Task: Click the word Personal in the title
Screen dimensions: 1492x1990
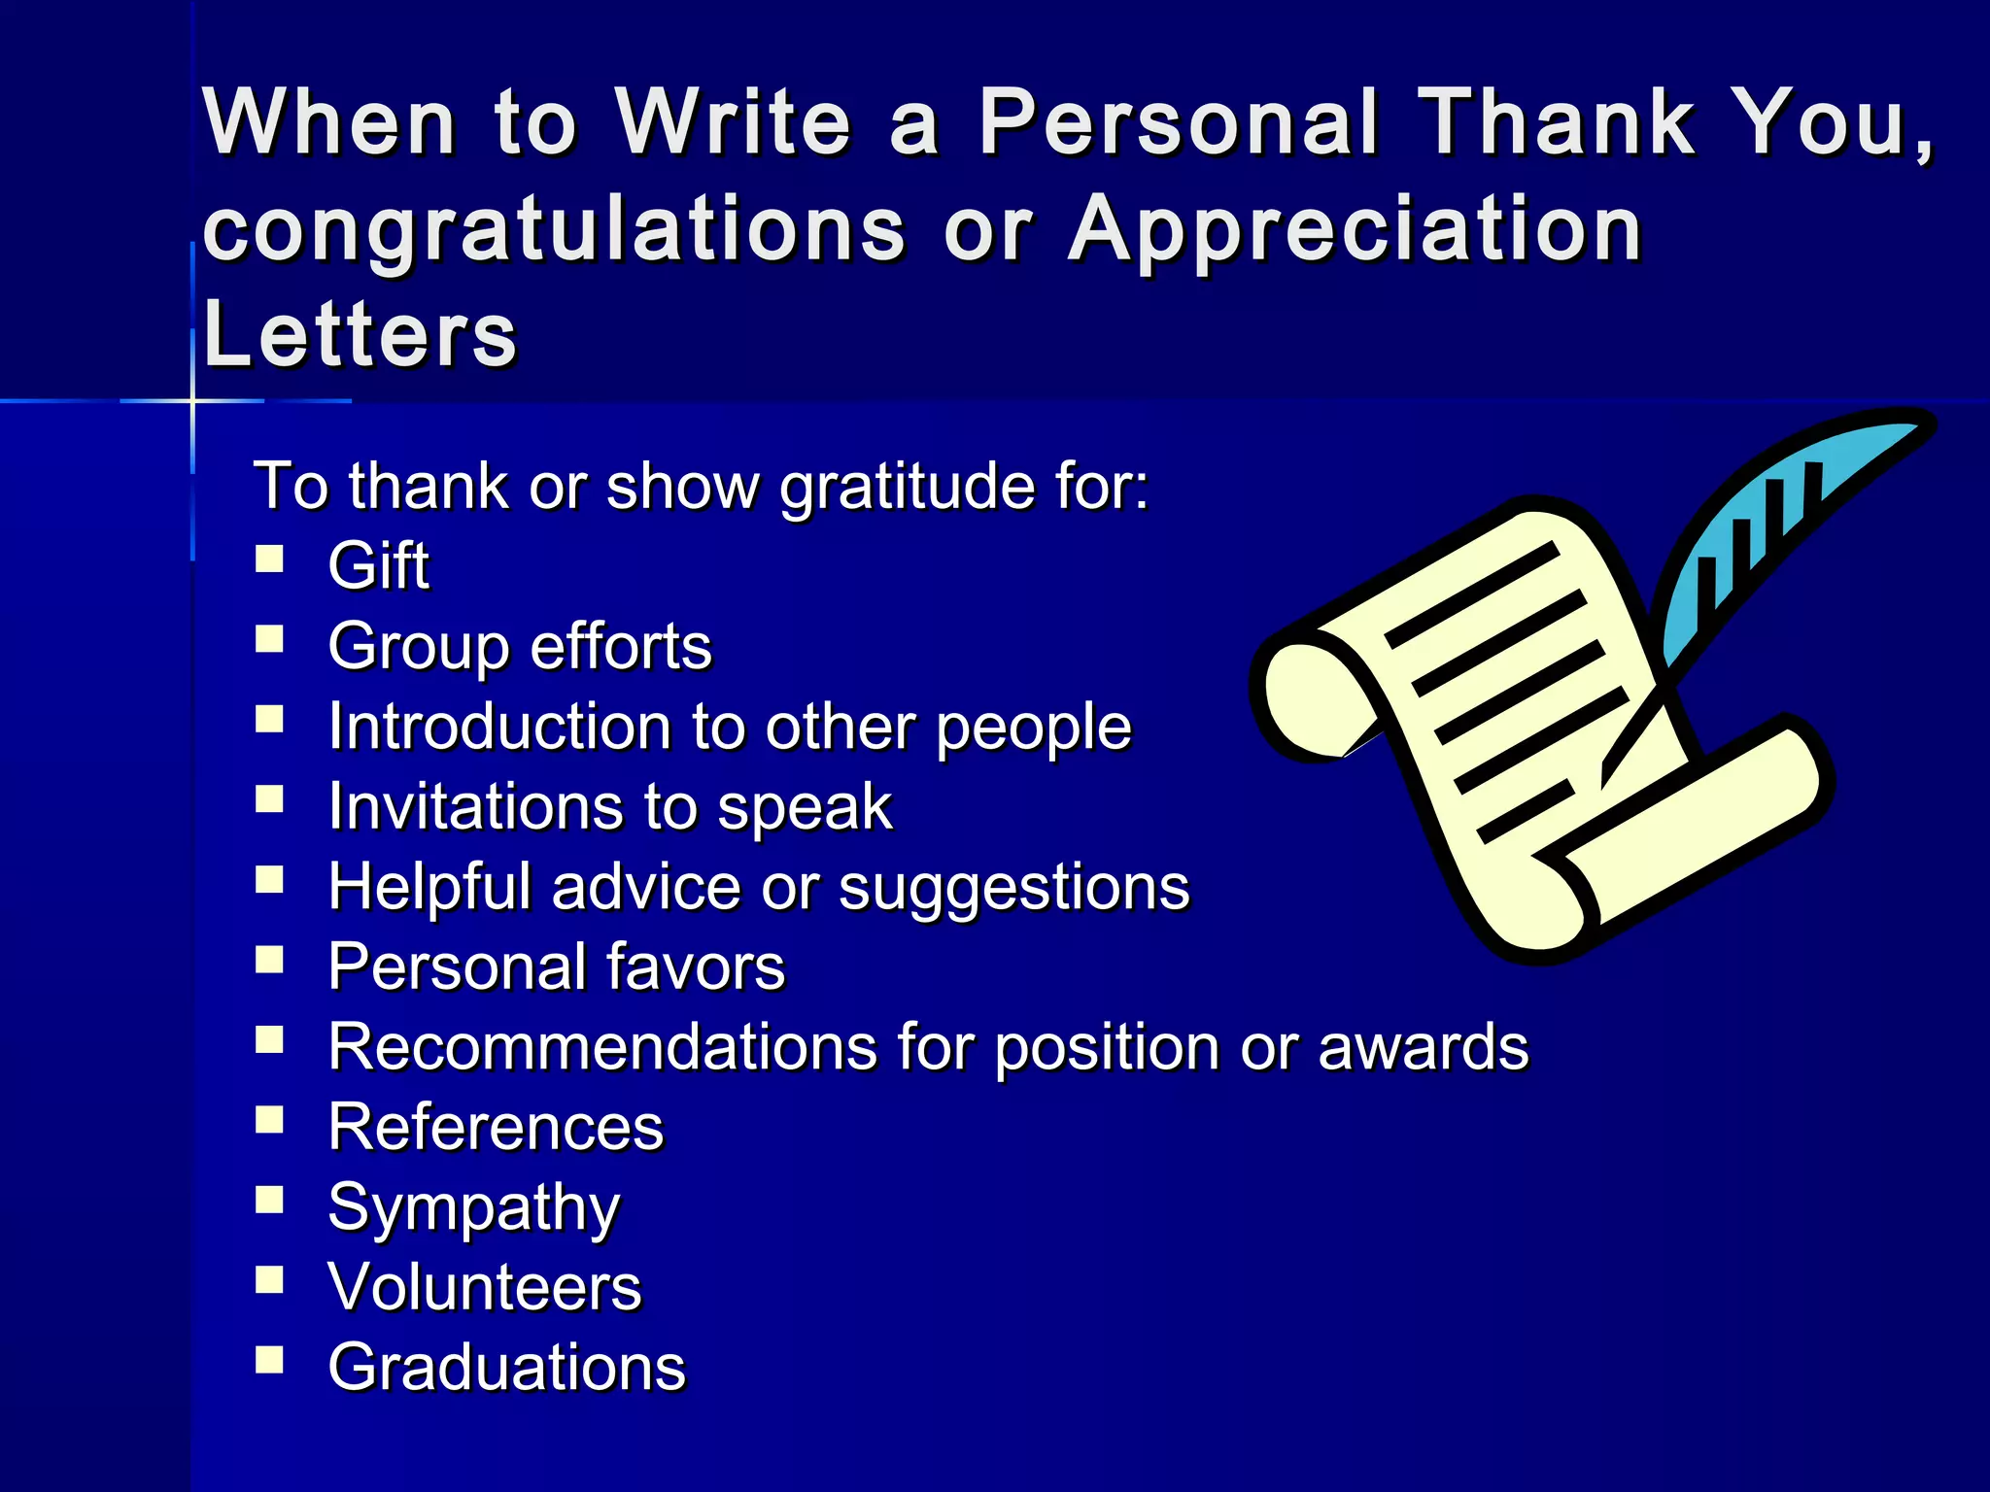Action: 1178,122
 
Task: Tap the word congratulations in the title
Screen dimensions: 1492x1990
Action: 554,229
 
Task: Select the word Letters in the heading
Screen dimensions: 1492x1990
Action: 360,334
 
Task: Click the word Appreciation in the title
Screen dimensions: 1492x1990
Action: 1355,229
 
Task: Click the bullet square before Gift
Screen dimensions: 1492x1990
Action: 269,559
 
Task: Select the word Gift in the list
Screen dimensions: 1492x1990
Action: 378,565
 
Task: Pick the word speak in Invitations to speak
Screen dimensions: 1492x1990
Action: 805,807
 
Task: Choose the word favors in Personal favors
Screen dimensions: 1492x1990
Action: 695,967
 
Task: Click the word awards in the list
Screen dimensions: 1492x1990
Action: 1423,1047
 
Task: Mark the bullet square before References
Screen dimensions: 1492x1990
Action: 269,1120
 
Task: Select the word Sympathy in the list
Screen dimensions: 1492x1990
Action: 473,1208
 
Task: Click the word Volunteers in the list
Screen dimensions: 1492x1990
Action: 484,1288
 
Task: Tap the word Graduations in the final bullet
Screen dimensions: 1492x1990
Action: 506,1368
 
